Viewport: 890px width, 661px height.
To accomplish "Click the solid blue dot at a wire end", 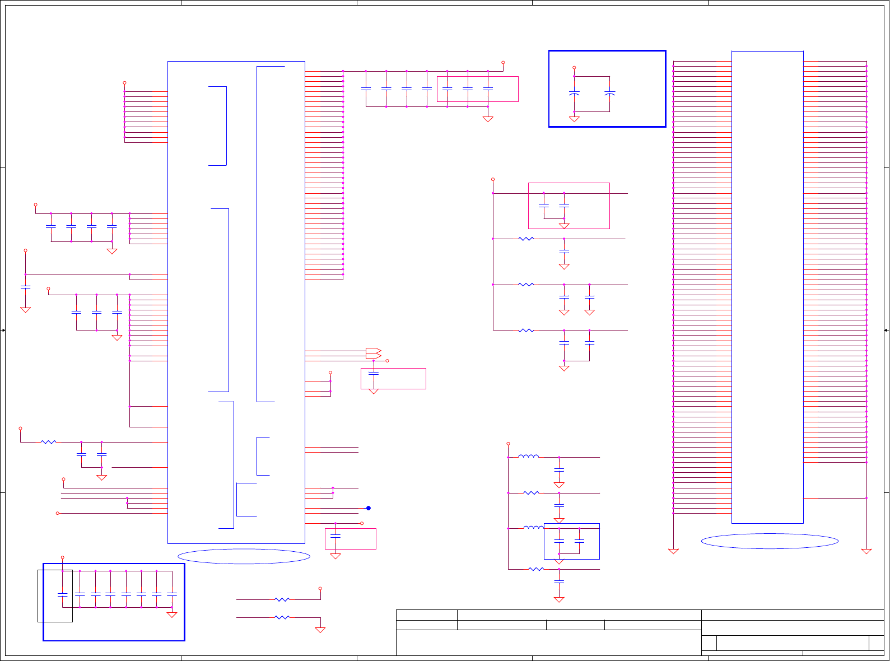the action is point(369,508).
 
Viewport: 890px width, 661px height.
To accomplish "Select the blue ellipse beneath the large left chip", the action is point(244,556).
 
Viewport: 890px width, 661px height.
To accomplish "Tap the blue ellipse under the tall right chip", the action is point(770,541).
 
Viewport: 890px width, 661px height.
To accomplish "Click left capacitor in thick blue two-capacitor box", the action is point(574,94).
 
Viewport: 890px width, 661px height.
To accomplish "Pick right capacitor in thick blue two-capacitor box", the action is point(610,94).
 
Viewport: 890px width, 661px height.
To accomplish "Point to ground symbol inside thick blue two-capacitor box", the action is point(574,119).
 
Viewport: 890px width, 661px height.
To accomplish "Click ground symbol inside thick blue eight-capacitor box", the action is point(172,615).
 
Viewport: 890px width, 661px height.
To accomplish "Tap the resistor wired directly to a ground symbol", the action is point(282,617).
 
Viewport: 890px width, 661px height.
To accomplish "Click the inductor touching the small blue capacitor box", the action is point(533,528).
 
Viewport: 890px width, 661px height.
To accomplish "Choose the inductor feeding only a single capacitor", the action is point(528,457).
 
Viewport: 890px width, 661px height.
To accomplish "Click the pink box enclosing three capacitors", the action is point(478,89).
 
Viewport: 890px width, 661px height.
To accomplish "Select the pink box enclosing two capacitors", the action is point(569,206).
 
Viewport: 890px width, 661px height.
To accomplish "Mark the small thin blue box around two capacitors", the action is point(572,541).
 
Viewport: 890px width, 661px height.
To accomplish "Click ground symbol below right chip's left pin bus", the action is point(673,551).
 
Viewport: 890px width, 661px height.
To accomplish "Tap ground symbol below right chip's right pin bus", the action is point(866,551).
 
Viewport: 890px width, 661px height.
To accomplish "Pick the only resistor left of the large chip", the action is point(49,442).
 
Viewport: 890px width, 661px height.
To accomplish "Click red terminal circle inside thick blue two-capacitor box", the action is point(574,67).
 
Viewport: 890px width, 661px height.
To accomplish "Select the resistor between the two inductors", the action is point(531,493).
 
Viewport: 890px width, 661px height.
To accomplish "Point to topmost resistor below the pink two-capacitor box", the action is point(526,239).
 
